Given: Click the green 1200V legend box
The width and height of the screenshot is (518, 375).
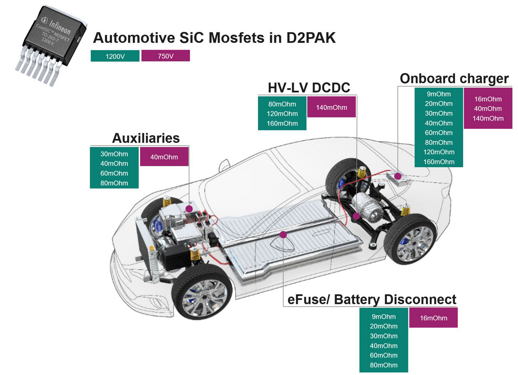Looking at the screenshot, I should [x=115, y=56].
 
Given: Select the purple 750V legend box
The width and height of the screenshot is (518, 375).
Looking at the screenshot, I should [x=166, y=56].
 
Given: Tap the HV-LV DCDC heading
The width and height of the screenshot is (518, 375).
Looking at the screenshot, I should [x=309, y=87].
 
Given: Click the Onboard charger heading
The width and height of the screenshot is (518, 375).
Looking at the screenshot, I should [x=454, y=78].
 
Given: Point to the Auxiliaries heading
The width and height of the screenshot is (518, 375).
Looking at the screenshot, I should [x=146, y=138].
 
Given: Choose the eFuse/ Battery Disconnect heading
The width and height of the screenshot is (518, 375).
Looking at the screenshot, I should [x=372, y=299].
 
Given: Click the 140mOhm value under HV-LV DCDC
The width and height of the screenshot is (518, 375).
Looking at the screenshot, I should [x=331, y=107].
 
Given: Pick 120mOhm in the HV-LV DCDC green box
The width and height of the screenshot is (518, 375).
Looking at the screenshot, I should [x=282, y=114].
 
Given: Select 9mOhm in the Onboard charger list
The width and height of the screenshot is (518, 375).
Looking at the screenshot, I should [x=439, y=94].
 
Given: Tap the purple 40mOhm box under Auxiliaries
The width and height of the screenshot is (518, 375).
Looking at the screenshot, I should [x=164, y=157].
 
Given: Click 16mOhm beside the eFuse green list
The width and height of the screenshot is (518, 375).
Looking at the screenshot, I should [x=433, y=318].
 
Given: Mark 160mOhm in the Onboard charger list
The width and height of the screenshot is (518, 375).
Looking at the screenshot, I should [x=439, y=162].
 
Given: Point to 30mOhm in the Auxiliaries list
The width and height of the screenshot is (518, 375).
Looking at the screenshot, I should [x=114, y=154].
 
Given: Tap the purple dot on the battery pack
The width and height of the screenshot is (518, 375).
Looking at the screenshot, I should [x=283, y=234].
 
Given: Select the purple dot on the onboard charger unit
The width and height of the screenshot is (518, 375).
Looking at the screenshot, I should [x=398, y=176].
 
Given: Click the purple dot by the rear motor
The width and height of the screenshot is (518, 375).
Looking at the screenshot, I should [x=356, y=216].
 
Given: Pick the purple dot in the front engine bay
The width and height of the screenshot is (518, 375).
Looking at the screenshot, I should [x=189, y=209].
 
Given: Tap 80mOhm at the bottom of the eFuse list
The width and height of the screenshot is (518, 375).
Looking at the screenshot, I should [x=384, y=365].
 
